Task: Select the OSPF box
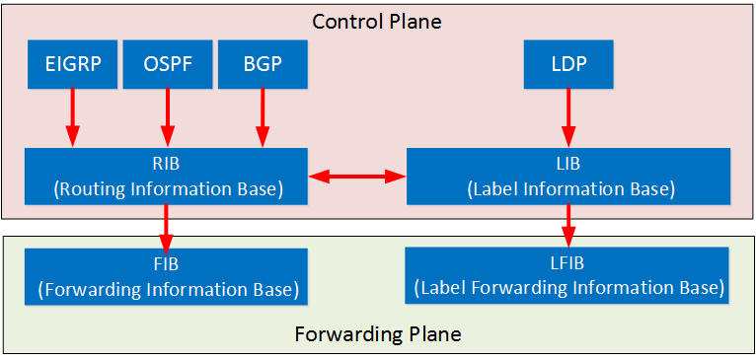coord(166,65)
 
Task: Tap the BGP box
coord(262,65)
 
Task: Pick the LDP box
coord(567,65)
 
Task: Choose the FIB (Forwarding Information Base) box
coord(166,276)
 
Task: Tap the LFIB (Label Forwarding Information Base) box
coord(567,276)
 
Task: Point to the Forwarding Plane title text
coord(377,333)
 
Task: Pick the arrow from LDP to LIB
coord(567,119)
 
